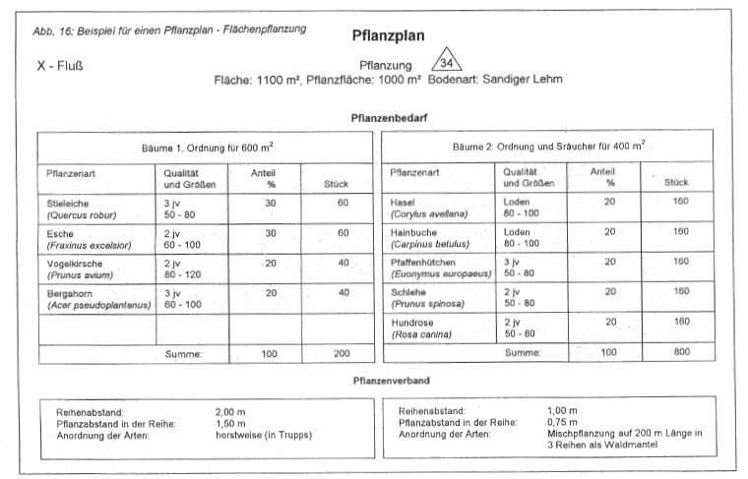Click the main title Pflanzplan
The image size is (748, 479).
[x=388, y=36]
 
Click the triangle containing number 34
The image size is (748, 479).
[x=448, y=63]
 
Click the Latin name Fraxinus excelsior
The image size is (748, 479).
[x=88, y=244]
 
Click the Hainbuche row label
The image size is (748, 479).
[x=414, y=232]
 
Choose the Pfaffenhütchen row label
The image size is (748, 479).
[x=424, y=263]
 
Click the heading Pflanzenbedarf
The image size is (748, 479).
[x=389, y=117]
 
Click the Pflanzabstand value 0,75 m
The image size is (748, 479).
[x=564, y=421]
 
